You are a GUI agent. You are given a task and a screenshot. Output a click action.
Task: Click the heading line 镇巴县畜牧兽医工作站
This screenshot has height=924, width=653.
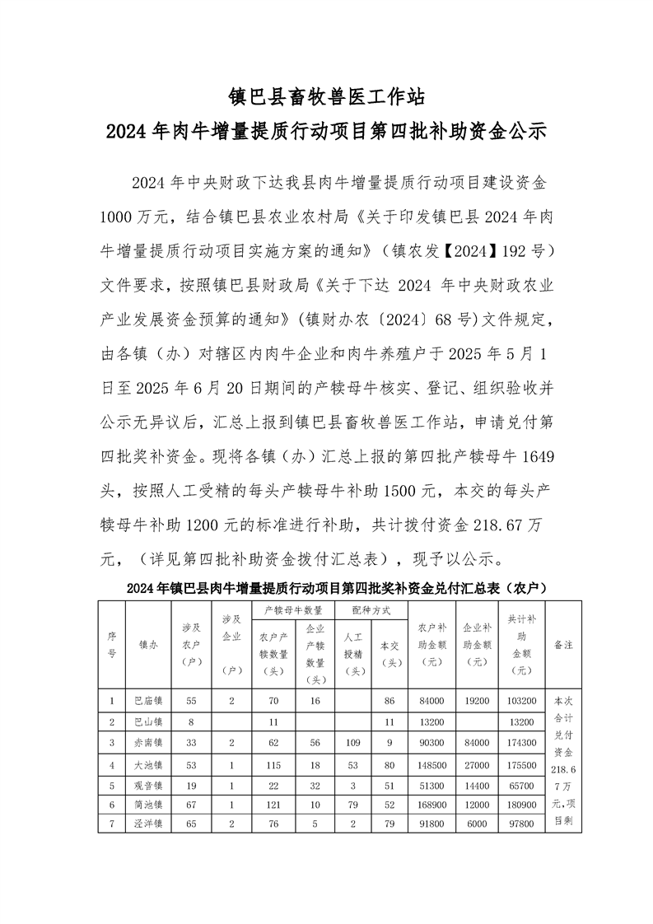tap(326, 97)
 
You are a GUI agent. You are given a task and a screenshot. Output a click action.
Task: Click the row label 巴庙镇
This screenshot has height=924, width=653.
tap(148, 701)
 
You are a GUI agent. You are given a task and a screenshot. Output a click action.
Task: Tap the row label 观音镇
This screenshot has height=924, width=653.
tap(148, 782)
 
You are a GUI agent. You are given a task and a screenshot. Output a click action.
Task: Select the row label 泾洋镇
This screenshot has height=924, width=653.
tap(148, 823)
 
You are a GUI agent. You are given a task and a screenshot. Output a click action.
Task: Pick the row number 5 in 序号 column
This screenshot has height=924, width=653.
tap(111, 782)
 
